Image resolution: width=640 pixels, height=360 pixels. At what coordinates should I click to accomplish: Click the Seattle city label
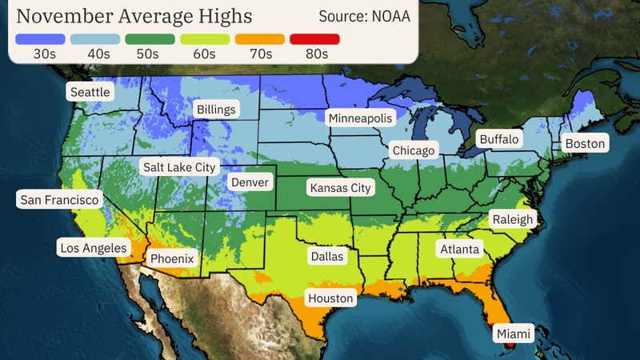click(90, 92)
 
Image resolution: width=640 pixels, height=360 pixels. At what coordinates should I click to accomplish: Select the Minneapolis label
click(361, 118)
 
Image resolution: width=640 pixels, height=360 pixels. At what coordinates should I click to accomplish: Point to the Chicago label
click(413, 150)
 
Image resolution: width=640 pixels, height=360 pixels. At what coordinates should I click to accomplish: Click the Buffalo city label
click(498, 139)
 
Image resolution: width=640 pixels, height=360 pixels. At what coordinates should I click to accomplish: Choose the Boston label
click(585, 144)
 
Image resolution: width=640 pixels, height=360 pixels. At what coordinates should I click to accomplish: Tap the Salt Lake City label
click(179, 167)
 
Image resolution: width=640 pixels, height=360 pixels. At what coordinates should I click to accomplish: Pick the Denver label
click(250, 182)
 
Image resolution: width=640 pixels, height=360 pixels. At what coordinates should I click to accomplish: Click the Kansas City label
click(340, 188)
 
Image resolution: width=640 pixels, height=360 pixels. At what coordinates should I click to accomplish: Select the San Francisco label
click(60, 199)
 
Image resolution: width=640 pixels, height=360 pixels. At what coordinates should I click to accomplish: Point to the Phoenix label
click(172, 259)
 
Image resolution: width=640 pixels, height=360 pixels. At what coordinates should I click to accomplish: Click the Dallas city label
click(326, 257)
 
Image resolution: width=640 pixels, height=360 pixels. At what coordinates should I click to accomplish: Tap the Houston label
click(331, 298)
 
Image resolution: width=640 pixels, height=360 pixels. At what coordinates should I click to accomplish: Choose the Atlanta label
click(459, 250)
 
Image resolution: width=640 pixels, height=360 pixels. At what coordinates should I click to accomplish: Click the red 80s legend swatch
click(315, 38)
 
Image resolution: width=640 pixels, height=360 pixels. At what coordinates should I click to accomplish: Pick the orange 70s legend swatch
click(260, 38)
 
